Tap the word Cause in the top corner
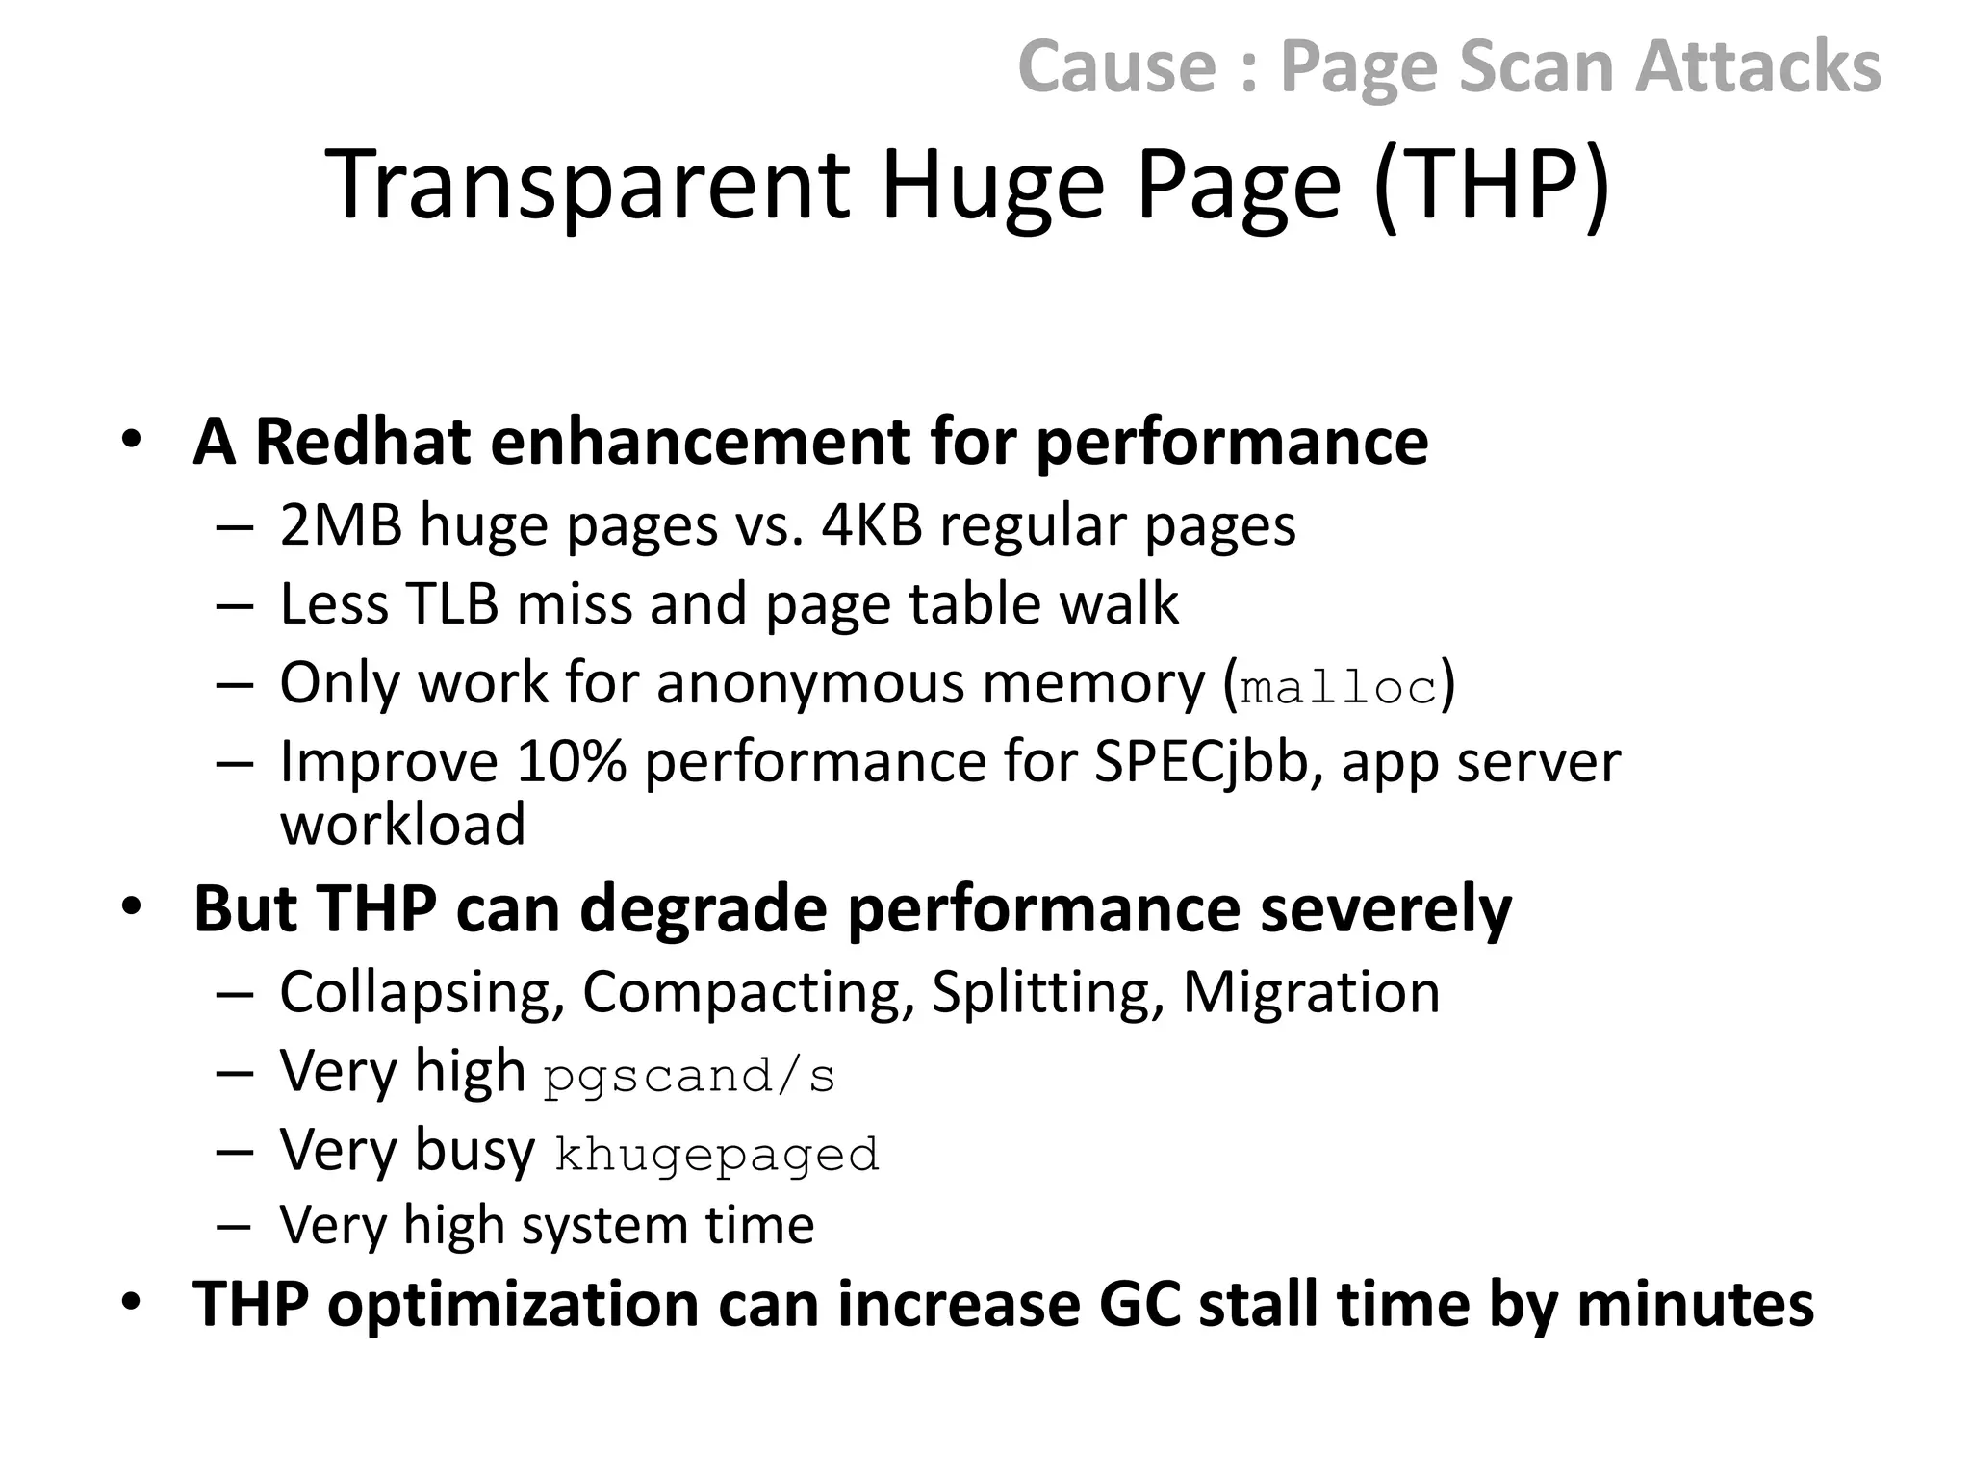(x=1116, y=66)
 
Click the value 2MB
(x=340, y=526)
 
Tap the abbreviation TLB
(x=451, y=604)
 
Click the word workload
(x=402, y=825)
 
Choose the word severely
(x=1386, y=909)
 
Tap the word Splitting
(x=1047, y=993)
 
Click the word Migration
(x=1311, y=992)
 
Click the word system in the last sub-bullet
(x=604, y=1226)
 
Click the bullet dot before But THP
(x=132, y=906)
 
